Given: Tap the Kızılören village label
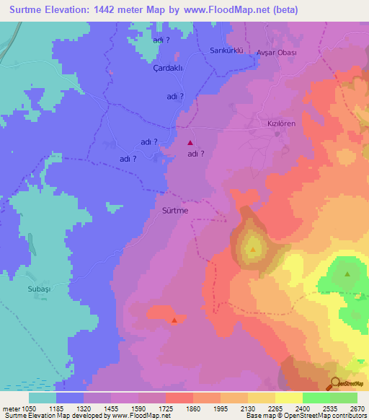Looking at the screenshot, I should click(282, 123).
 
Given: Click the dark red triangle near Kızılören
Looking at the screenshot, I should click(190, 143).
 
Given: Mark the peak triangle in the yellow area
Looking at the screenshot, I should click(253, 250).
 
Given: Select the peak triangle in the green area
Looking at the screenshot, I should click(348, 274).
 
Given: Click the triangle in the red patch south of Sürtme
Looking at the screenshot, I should click(174, 320).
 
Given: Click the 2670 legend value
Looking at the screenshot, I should click(357, 409).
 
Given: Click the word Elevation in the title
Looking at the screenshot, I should click(78, 9).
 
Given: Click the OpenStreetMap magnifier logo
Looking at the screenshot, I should click(337, 383).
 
